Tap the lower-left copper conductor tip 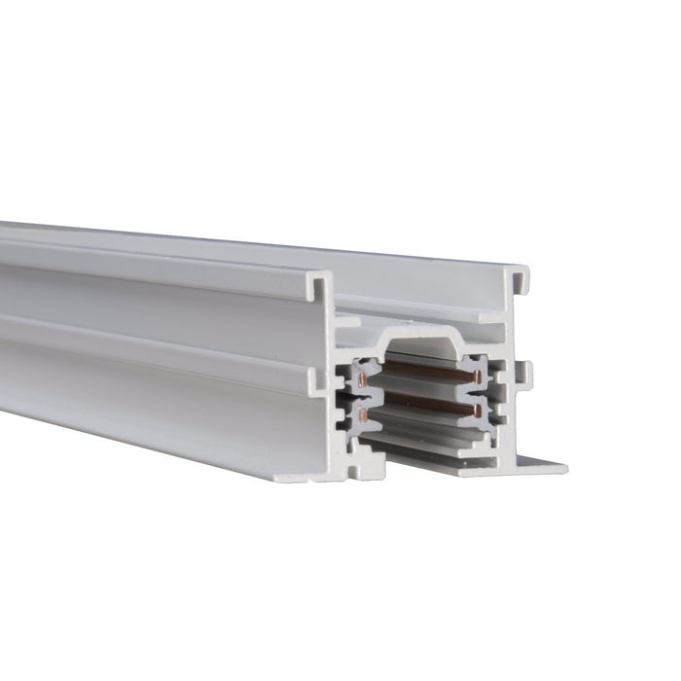pos(364,415)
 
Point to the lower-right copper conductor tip pos(478,412)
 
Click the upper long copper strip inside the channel pos(423,372)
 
